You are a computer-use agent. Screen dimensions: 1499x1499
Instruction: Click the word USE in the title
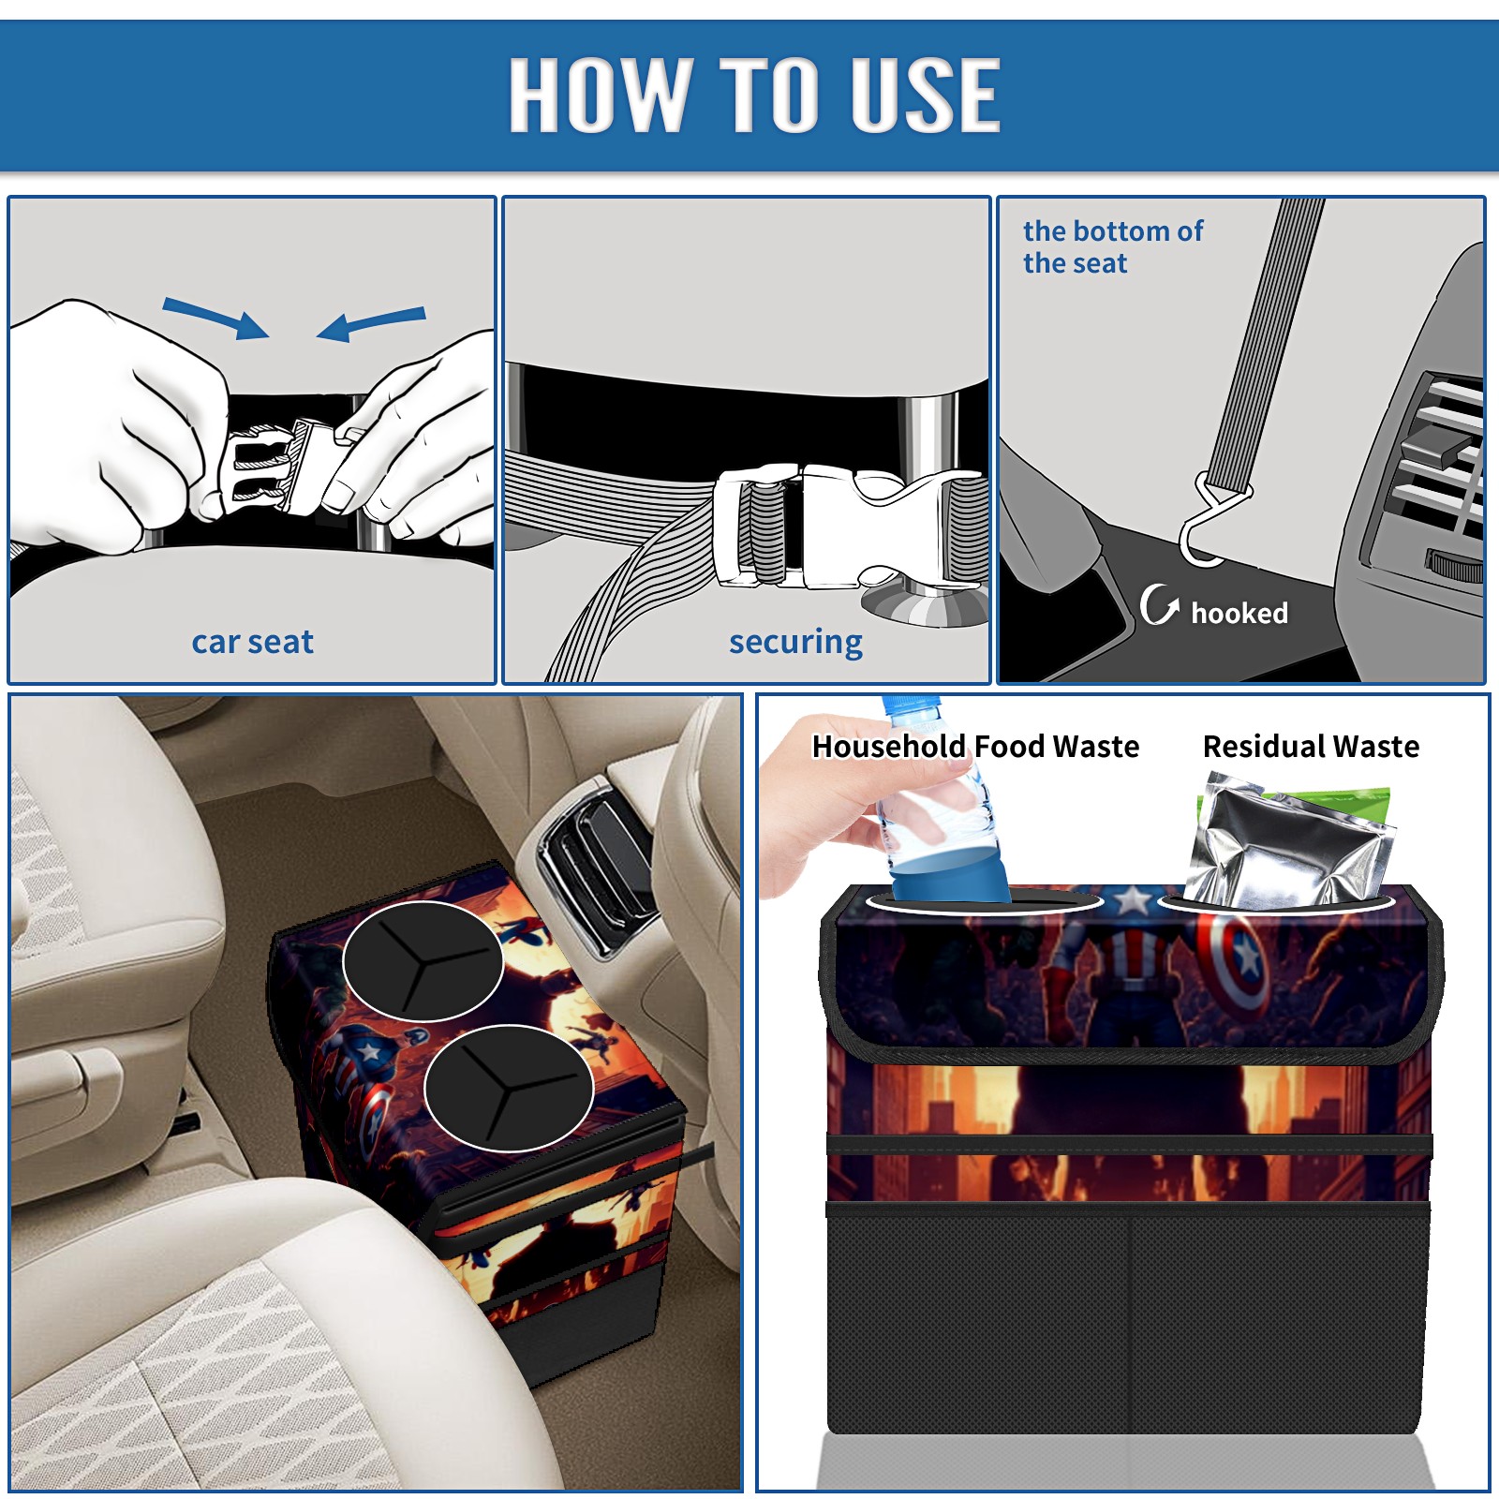926,94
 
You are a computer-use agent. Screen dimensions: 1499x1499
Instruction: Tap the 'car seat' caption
252,642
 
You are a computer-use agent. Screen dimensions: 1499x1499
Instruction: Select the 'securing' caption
795,643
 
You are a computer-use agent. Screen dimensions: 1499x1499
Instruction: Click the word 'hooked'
1239,613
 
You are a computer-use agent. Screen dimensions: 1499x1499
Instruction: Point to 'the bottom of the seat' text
1113,246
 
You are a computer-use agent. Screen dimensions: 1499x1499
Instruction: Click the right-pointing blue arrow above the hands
215,318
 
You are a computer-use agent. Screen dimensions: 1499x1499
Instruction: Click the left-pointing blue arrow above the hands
371,323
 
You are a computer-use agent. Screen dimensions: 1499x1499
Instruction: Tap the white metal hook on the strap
1211,520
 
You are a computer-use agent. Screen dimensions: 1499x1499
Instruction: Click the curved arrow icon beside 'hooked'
1159,604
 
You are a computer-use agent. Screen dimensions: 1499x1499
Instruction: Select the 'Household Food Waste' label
975,746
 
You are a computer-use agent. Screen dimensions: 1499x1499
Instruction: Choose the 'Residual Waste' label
1311,746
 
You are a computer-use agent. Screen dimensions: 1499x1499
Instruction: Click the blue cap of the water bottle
912,705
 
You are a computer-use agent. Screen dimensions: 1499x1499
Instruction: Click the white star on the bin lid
1133,900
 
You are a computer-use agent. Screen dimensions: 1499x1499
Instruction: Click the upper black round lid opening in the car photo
423,961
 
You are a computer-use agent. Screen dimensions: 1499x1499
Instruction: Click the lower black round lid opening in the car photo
508,1088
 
